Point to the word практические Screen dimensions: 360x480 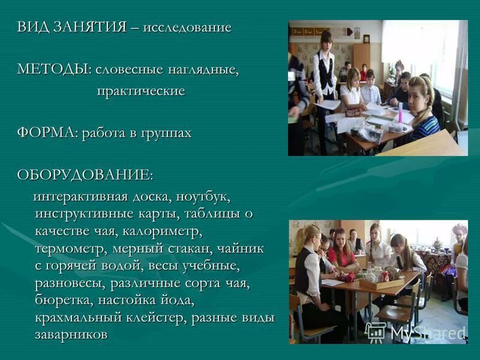point(141,91)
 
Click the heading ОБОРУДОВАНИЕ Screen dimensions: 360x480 point(85,175)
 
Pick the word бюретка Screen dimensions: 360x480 point(64,299)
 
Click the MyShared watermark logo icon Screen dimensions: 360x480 point(376,332)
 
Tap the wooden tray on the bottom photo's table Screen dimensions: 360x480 point(382,282)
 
